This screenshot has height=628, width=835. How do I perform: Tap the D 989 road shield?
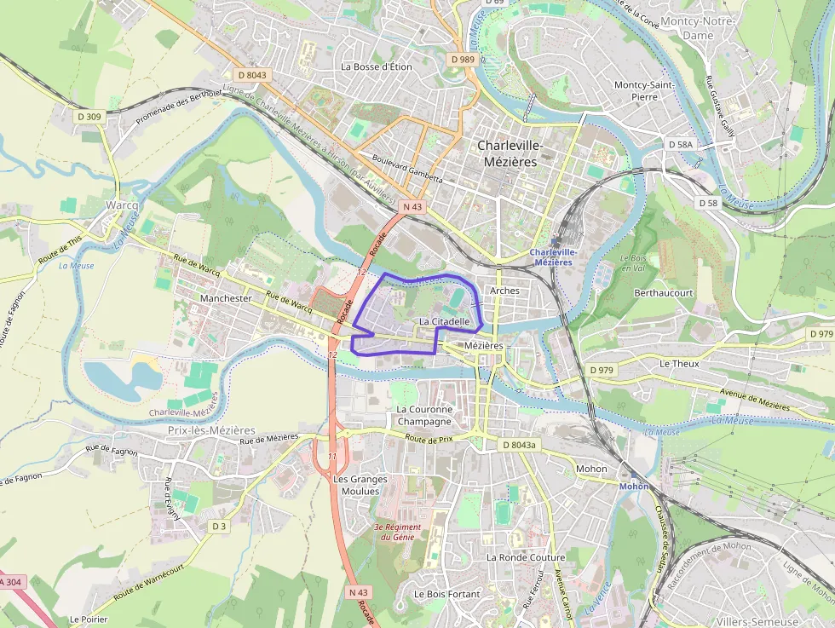463,60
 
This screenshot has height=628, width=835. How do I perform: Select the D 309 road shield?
89,116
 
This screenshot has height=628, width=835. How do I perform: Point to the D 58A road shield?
680,145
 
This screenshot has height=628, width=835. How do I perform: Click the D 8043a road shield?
519,445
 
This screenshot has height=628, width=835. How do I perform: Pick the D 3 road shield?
219,526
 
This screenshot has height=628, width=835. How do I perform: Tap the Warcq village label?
121,206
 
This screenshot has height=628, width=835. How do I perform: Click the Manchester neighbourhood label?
226,299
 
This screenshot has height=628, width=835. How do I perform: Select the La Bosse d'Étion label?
376,66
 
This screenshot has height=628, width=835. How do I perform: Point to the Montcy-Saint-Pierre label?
644,90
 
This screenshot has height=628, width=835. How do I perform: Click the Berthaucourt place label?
664,292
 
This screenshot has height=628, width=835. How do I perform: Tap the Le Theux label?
679,364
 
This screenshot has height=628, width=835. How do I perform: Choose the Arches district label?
504,291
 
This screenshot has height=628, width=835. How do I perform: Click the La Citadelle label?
445,321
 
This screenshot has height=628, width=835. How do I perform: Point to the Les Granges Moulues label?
356,485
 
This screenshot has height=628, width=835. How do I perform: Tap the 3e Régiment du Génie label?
399,532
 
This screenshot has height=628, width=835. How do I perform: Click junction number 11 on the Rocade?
333,457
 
